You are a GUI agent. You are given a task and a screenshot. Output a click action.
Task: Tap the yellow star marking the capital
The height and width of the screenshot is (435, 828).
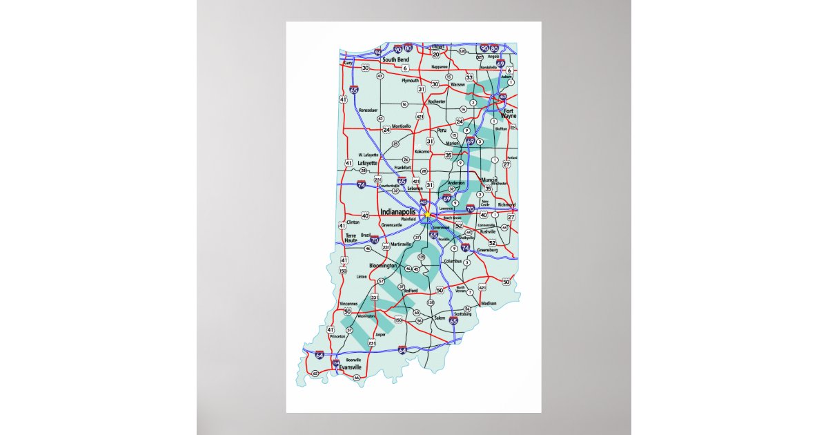428,215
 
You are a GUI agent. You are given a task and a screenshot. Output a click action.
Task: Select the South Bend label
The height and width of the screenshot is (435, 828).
396,60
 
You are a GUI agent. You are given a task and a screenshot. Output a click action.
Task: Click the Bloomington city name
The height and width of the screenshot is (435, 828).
384,265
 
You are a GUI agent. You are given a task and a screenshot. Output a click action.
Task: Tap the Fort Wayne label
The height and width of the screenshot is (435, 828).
509,113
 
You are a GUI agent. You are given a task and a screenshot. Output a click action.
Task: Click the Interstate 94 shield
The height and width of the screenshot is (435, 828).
377,52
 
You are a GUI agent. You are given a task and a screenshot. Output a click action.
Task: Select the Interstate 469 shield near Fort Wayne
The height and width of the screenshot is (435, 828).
503,97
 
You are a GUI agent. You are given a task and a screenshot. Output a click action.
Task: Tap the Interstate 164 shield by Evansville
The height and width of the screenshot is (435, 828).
336,362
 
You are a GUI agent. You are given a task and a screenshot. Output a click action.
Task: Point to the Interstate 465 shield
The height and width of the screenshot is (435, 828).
423,202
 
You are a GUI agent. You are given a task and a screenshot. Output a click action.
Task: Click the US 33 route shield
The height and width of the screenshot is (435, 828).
469,77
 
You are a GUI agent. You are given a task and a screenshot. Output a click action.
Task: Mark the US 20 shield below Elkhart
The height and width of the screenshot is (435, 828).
436,54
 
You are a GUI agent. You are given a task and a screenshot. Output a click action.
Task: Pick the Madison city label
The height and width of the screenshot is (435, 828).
489,303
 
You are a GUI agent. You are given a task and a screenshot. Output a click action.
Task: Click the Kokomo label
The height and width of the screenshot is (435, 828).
422,151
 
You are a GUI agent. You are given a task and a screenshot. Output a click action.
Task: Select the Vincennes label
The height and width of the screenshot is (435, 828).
349,304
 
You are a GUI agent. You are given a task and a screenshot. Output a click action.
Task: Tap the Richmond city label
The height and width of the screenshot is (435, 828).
506,204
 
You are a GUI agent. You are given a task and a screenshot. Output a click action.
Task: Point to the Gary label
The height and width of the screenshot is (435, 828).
348,63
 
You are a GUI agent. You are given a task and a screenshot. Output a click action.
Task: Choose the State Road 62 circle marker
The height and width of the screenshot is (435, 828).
315,374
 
